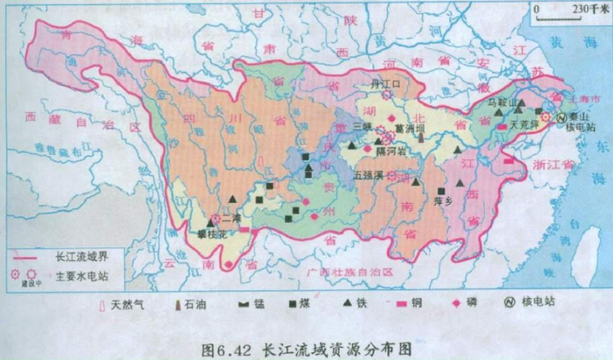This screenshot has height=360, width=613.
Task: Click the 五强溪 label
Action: (x=369, y=174)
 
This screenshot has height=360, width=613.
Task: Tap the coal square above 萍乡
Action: (x=445, y=189)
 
